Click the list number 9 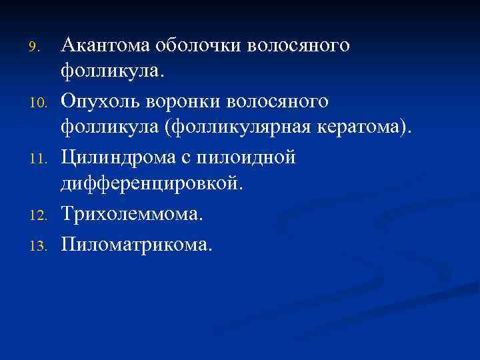37,47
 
